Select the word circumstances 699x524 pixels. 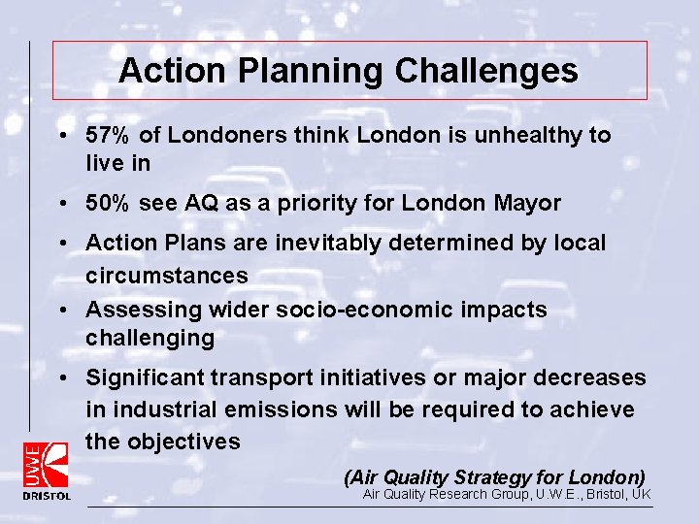pyautogui.click(x=167, y=276)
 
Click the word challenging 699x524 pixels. pyautogui.click(x=150, y=339)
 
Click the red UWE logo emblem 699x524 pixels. pyautogui.click(x=47, y=464)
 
